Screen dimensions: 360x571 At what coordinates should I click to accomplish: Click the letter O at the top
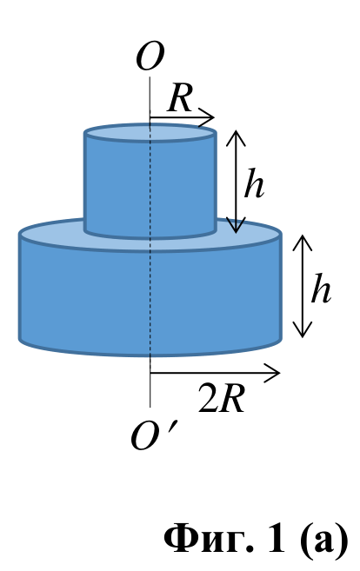point(150,57)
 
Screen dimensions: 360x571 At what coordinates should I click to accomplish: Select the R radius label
point(180,98)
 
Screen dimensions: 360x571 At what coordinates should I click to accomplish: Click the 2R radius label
point(222,398)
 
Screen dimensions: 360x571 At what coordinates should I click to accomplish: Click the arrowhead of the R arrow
point(207,117)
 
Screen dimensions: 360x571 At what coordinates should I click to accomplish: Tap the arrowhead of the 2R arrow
point(272,373)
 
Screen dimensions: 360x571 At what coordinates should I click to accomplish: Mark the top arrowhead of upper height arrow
point(237,137)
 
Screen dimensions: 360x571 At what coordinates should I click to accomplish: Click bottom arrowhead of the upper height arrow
point(237,225)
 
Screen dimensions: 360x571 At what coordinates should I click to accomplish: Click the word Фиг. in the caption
point(209,541)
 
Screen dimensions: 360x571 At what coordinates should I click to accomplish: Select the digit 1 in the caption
point(277,538)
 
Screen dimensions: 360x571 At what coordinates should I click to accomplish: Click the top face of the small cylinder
point(150,132)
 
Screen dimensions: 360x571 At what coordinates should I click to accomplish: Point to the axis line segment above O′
point(150,382)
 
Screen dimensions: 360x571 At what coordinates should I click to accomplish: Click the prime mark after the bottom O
point(174,426)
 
